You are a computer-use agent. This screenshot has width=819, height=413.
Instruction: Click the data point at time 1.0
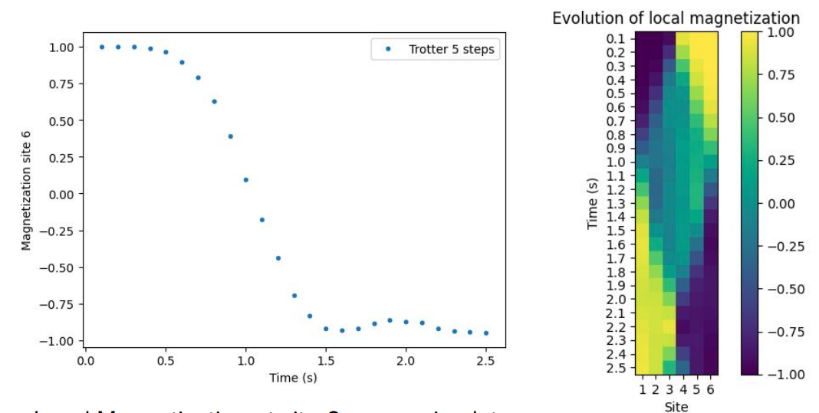[245, 180]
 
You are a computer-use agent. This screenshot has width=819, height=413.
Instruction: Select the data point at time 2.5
[485, 333]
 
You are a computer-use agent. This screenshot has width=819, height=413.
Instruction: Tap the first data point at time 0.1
[102, 47]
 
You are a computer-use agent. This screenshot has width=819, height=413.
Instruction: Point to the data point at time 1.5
[326, 329]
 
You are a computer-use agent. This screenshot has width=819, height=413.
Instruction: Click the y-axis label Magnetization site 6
[26, 190]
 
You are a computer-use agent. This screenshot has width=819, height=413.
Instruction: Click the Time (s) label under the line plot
[293, 378]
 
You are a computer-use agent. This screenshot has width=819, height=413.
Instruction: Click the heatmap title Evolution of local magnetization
[676, 18]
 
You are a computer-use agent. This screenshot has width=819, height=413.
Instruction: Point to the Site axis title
[676, 406]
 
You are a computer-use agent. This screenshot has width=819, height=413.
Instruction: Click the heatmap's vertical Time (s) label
[592, 203]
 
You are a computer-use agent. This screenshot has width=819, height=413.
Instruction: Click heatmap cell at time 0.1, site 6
[710, 38]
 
